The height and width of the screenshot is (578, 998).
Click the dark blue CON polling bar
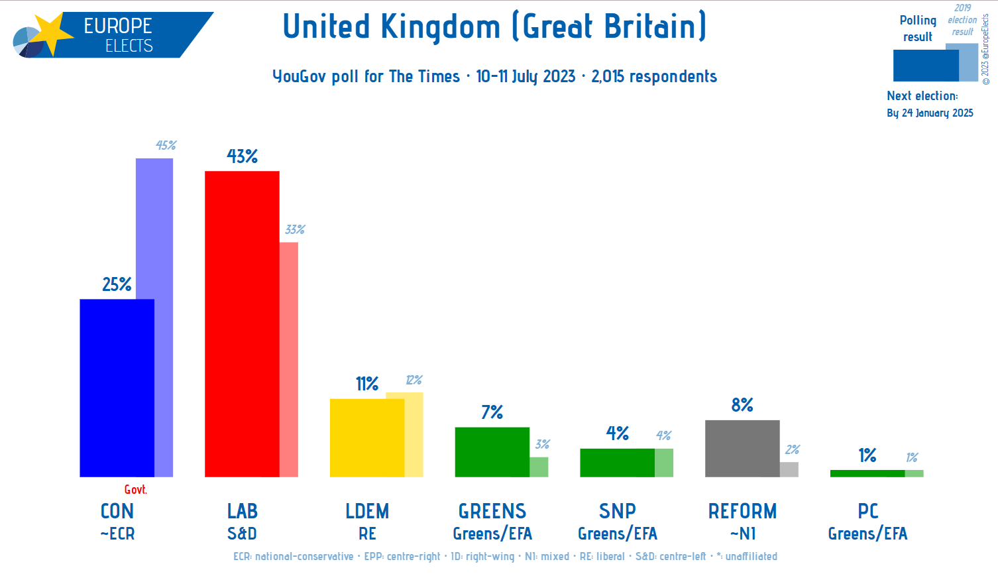click(x=117, y=388)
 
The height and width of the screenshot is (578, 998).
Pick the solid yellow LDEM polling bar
click(x=366, y=437)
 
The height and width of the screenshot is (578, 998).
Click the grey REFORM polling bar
click(x=742, y=448)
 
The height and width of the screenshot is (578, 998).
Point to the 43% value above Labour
click(x=242, y=156)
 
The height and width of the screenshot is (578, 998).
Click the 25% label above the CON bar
click(x=117, y=284)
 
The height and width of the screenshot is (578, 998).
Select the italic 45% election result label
click(x=166, y=145)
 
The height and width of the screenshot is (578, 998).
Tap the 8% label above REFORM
click(x=742, y=405)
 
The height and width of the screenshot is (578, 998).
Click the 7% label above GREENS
click(x=492, y=412)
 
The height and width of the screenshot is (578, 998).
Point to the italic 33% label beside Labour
click(x=295, y=229)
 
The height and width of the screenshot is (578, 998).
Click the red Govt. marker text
click(x=135, y=490)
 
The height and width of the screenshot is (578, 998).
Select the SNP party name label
click(x=617, y=511)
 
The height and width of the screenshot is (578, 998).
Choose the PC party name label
click(x=867, y=511)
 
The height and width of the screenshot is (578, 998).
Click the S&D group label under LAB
click(x=242, y=534)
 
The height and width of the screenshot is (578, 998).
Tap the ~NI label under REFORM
click(x=742, y=534)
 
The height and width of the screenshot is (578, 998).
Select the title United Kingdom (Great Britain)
click(x=494, y=27)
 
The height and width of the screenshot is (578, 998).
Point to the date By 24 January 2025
click(x=930, y=113)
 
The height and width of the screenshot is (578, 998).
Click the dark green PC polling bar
click(x=867, y=473)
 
